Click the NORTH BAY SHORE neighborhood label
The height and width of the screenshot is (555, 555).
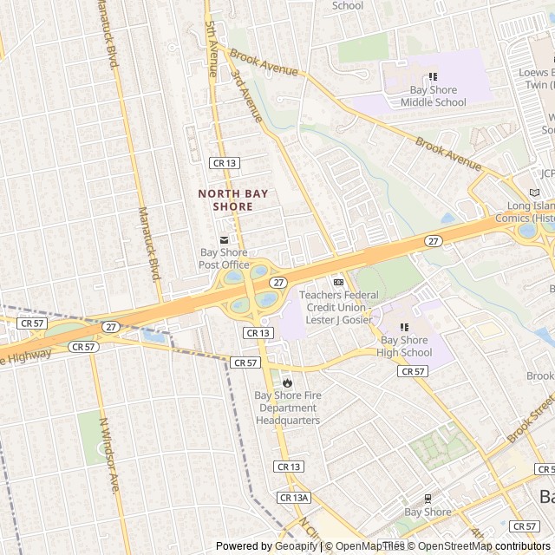(x=225, y=200)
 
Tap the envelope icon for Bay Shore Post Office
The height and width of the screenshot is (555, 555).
(x=224, y=240)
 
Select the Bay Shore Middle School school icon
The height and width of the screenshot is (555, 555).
(x=433, y=77)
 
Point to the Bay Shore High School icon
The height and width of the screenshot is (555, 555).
(x=404, y=327)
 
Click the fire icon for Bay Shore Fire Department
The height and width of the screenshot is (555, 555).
(x=287, y=382)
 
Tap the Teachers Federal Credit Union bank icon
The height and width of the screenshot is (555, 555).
(x=338, y=282)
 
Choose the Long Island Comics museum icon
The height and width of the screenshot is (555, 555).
(x=534, y=193)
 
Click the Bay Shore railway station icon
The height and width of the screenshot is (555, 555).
(x=428, y=499)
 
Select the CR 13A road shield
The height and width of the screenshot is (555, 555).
(x=294, y=497)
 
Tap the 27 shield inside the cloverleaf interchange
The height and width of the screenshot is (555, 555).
(x=277, y=283)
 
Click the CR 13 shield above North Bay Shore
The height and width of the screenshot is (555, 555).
(x=224, y=162)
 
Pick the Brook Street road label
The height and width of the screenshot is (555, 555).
(x=531, y=417)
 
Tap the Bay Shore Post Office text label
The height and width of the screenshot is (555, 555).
(x=224, y=258)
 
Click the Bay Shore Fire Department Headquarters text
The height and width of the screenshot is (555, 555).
(x=287, y=408)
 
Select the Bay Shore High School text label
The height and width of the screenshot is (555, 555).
(x=404, y=346)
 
